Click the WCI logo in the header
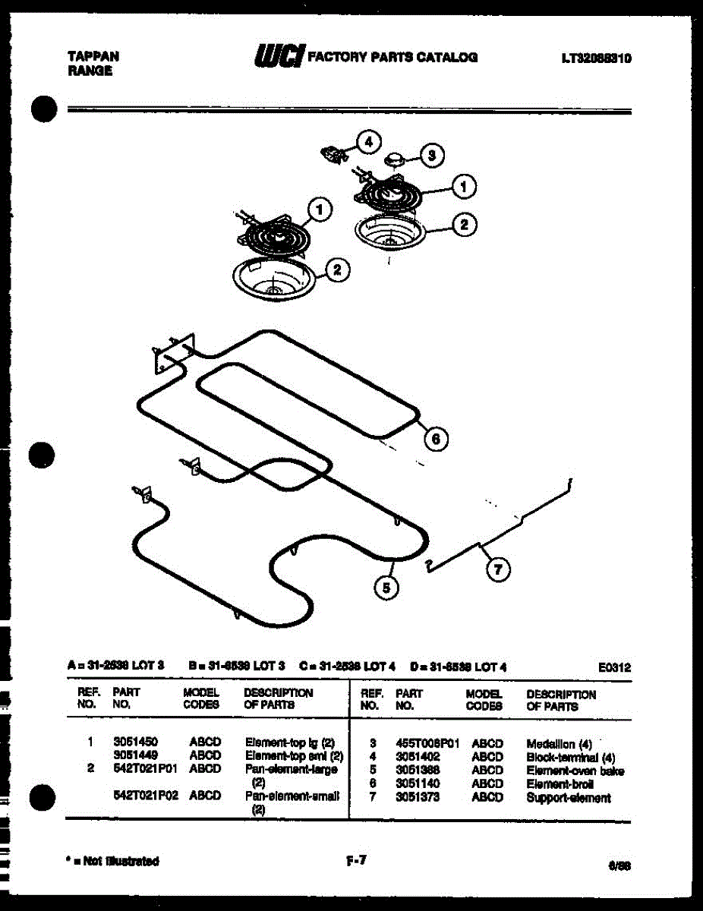pyautogui.click(x=279, y=56)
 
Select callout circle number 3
pyautogui.click(x=431, y=156)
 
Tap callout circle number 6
pyautogui.click(x=435, y=439)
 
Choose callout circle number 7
pyautogui.click(x=498, y=571)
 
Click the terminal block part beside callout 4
pyautogui.click(x=333, y=153)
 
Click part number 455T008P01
pyautogui.click(x=427, y=744)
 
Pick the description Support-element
pyautogui.click(x=568, y=798)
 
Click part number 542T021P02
pyautogui.click(x=145, y=796)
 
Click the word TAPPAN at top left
pyautogui.click(x=93, y=56)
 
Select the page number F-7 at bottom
pyautogui.click(x=356, y=860)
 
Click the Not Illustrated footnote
pyautogui.click(x=113, y=861)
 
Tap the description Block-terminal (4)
pyautogui.click(x=570, y=757)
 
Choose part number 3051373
pyautogui.click(x=418, y=798)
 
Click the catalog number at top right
pyautogui.click(x=597, y=58)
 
